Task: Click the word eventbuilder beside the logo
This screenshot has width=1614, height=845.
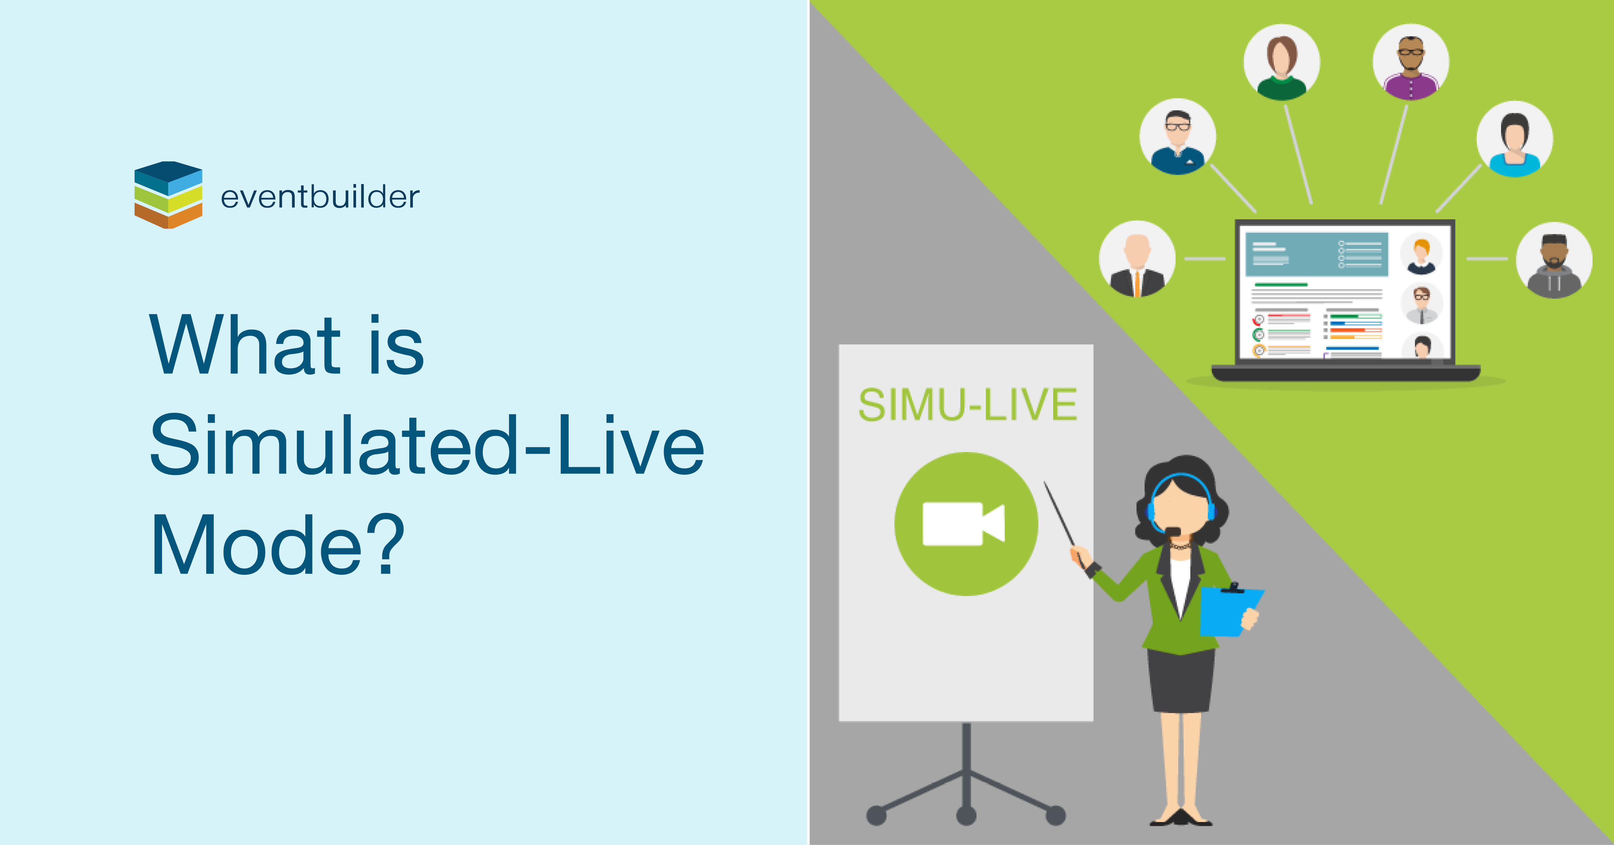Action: [320, 197]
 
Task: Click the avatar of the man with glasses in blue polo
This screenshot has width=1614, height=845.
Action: [1177, 137]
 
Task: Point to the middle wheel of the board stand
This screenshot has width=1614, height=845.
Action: [966, 815]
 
